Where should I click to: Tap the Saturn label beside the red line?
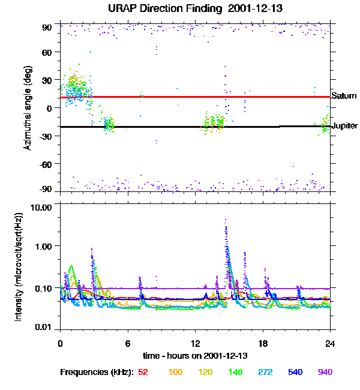[x=344, y=96]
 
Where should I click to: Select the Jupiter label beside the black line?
[x=344, y=126]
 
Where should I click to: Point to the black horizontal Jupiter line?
[x=180, y=127]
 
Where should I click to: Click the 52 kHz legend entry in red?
[x=143, y=372]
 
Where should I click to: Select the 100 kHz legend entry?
[x=175, y=372]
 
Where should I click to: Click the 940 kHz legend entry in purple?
[x=324, y=372]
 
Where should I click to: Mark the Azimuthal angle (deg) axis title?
[x=28, y=108]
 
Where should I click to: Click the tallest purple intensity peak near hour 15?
[x=226, y=221]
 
